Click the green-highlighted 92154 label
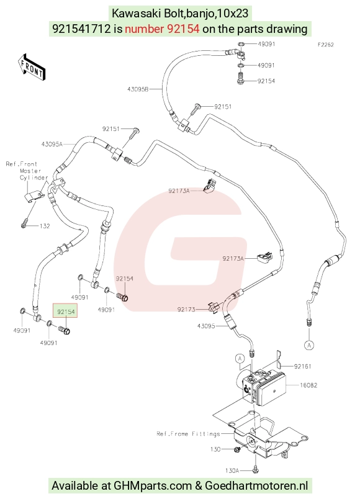click(x=66, y=312)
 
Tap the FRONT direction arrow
click(x=32, y=68)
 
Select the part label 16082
click(x=308, y=385)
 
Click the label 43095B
click(x=138, y=89)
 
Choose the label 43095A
click(x=52, y=144)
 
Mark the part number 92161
click(x=303, y=366)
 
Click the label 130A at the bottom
click(x=232, y=470)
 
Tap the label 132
click(x=45, y=226)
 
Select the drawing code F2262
click(x=326, y=45)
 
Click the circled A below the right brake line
click(x=309, y=345)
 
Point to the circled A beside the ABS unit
click(x=240, y=359)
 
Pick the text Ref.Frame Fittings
click(x=188, y=434)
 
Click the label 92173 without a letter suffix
click(x=186, y=309)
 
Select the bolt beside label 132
click(x=24, y=225)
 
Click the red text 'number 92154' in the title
click(x=163, y=29)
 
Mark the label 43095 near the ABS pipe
click(x=206, y=326)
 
